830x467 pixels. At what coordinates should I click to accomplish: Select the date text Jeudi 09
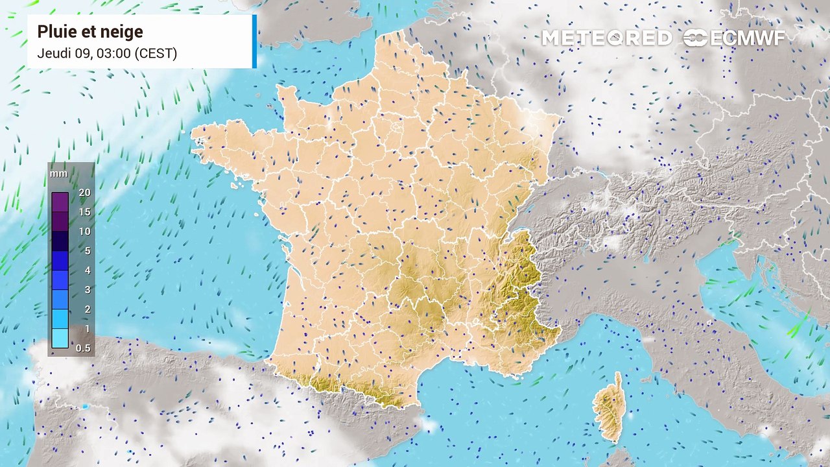click(x=64, y=53)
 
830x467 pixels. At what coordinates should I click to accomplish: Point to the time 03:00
click(x=112, y=53)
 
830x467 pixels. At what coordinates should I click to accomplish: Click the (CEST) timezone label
click(x=155, y=53)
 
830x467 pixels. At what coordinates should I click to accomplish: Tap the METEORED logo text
click(x=606, y=38)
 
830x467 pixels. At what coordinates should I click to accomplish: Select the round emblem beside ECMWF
click(x=695, y=38)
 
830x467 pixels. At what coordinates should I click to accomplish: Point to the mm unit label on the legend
click(x=59, y=174)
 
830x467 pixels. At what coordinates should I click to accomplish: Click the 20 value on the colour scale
click(x=84, y=193)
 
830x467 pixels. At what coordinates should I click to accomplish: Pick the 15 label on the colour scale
click(x=84, y=212)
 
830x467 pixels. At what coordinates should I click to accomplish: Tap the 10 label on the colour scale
click(x=84, y=232)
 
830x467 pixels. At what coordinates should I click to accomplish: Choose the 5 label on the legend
click(x=87, y=251)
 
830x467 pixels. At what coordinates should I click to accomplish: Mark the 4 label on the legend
click(x=87, y=270)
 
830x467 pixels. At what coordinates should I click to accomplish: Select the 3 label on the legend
click(x=87, y=290)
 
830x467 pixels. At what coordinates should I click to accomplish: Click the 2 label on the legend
click(x=87, y=309)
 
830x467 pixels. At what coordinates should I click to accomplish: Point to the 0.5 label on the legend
click(x=84, y=348)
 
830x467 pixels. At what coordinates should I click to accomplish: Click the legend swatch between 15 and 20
click(x=60, y=202)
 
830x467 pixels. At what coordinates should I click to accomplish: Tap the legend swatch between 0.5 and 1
click(x=60, y=339)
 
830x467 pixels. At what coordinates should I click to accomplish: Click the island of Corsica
click(x=610, y=409)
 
